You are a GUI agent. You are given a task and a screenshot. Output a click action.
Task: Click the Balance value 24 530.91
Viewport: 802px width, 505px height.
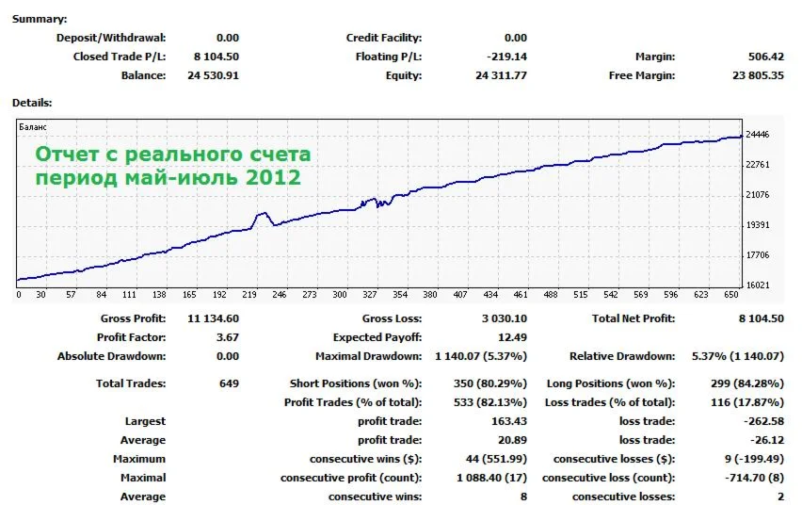click(213, 75)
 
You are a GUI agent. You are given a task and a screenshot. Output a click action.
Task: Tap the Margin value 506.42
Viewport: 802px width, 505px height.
click(763, 57)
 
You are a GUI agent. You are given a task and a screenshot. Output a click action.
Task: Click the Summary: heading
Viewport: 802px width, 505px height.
click(40, 19)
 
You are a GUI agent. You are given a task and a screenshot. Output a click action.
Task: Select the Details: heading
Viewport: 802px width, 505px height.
click(32, 102)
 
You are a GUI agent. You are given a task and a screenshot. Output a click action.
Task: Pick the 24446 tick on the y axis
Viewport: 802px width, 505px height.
click(757, 135)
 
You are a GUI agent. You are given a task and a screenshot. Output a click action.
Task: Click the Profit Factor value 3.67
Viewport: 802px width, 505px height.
click(228, 337)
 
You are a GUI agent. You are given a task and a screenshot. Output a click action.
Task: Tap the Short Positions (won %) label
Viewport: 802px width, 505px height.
click(356, 383)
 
